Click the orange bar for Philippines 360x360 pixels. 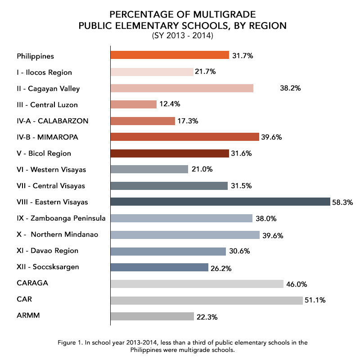170,55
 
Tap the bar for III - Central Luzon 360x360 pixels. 133,104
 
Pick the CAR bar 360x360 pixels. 206,300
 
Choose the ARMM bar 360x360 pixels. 152,316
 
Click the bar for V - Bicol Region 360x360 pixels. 170,153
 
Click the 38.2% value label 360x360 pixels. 290,89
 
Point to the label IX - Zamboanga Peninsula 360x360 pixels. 61,218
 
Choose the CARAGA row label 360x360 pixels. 32,283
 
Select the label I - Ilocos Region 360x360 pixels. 44,72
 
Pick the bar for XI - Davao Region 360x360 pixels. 168,251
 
